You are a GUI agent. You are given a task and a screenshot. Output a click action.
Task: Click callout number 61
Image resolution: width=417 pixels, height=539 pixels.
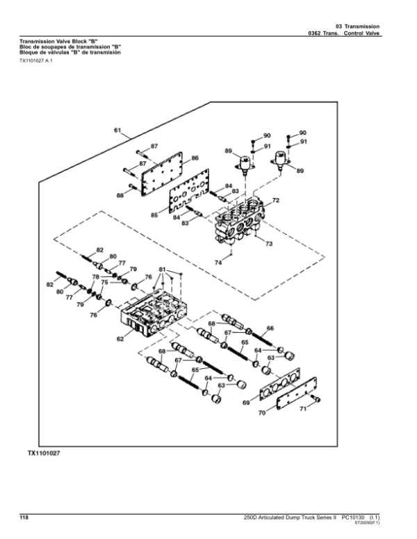(117, 130)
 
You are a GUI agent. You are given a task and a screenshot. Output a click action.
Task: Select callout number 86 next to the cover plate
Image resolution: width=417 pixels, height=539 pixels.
(195, 158)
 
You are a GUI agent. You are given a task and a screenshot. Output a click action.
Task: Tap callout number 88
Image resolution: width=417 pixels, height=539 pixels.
(120, 196)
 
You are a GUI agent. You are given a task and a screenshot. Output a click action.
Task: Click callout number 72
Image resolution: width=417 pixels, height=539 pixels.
(275, 201)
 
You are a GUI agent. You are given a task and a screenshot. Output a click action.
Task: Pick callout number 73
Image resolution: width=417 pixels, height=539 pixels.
(268, 244)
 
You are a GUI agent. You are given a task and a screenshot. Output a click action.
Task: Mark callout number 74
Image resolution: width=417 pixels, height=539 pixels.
(218, 263)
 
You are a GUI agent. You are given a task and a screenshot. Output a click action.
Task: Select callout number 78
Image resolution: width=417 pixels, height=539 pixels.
(95, 277)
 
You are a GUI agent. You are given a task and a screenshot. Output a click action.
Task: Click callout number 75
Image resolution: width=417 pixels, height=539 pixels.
(104, 283)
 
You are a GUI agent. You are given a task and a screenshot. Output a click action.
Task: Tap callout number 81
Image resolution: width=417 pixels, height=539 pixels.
(162, 269)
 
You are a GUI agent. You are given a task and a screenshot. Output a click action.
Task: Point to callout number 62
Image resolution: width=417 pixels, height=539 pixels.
(120, 340)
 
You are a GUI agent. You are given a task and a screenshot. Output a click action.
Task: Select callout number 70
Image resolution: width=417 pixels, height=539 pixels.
(262, 415)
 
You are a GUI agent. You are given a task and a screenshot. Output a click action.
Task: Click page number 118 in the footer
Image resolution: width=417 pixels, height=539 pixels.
(22, 517)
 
